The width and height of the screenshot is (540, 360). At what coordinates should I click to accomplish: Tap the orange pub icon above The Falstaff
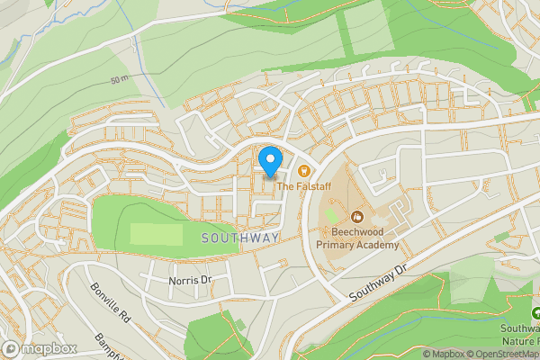(x=303, y=170)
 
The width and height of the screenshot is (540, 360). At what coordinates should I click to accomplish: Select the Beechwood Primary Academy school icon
(x=357, y=216)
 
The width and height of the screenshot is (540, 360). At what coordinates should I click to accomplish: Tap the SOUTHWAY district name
(x=240, y=238)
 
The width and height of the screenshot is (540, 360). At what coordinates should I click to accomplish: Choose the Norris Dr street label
(x=190, y=280)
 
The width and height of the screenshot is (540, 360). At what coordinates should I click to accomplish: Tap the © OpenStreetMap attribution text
(x=508, y=354)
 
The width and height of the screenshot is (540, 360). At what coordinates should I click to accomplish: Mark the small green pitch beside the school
(x=331, y=216)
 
